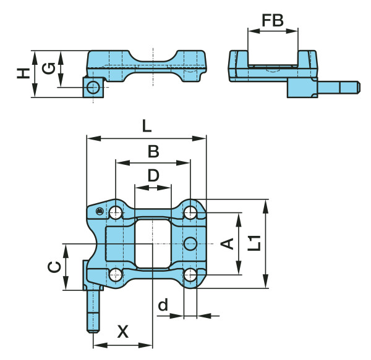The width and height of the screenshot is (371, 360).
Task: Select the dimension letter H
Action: click(x=23, y=73)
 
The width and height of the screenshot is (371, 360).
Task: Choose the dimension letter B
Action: click(x=153, y=151)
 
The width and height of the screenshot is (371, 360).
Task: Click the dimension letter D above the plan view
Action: click(x=153, y=176)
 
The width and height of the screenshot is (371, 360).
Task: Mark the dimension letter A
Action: click(x=228, y=243)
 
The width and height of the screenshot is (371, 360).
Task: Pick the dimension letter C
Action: click(x=54, y=267)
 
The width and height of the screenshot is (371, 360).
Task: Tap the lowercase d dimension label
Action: click(x=163, y=304)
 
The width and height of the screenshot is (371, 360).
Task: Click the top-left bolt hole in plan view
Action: click(x=116, y=213)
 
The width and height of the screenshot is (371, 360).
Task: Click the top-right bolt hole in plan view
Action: click(x=190, y=213)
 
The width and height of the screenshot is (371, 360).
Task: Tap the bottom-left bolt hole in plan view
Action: click(x=116, y=274)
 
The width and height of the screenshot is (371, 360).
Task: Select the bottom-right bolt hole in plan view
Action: click(x=190, y=274)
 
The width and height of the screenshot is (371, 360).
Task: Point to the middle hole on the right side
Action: click(x=190, y=243)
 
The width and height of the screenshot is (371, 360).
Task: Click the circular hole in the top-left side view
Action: click(x=93, y=86)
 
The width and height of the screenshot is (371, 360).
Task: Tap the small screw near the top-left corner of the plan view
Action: click(x=99, y=212)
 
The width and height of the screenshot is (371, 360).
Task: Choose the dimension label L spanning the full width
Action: click(x=146, y=127)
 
